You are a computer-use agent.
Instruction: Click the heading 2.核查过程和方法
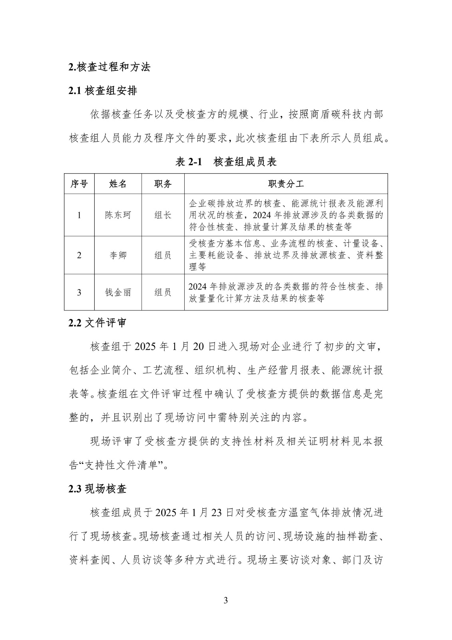click(x=110, y=67)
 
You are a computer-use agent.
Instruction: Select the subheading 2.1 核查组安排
click(x=103, y=91)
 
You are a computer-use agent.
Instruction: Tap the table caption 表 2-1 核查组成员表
click(x=226, y=162)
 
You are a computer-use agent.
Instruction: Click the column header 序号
click(x=79, y=184)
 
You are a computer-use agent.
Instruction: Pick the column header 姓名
click(x=118, y=184)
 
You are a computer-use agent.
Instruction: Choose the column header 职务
click(x=163, y=184)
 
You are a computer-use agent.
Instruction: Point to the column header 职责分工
click(x=286, y=184)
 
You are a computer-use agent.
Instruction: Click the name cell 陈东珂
click(x=118, y=215)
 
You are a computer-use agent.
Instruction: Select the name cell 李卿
click(x=118, y=255)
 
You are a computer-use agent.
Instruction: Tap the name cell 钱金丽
click(x=118, y=292)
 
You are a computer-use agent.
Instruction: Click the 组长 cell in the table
click(x=163, y=215)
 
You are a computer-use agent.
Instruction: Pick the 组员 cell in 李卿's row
click(x=163, y=255)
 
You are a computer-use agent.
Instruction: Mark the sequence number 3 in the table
click(x=79, y=292)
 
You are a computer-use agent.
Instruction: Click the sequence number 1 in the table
click(x=79, y=215)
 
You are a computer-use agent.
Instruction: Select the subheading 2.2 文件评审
click(x=98, y=323)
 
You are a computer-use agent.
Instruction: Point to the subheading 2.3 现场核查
click(x=98, y=489)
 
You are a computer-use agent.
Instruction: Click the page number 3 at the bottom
click(x=226, y=600)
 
